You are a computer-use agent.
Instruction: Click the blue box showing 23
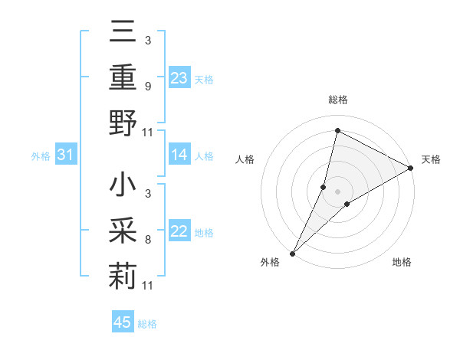pos(179,78)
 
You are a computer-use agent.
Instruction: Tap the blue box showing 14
pos(179,155)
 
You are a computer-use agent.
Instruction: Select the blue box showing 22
pos(179,232)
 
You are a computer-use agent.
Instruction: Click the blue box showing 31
pos(66,155)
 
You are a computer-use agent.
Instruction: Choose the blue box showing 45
pos(123,322)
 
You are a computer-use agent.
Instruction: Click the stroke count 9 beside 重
pos(147,87)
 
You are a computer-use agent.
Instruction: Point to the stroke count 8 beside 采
pos(147,240)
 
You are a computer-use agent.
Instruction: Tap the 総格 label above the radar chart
pos(337,100)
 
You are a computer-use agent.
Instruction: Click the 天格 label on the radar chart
pos(431,159)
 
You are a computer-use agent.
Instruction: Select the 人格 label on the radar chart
pos(245,159)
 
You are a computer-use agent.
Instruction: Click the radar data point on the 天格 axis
pos(411,168)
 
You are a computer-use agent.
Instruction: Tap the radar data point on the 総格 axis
pos(337,131)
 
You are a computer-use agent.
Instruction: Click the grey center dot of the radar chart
pos(337,191)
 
